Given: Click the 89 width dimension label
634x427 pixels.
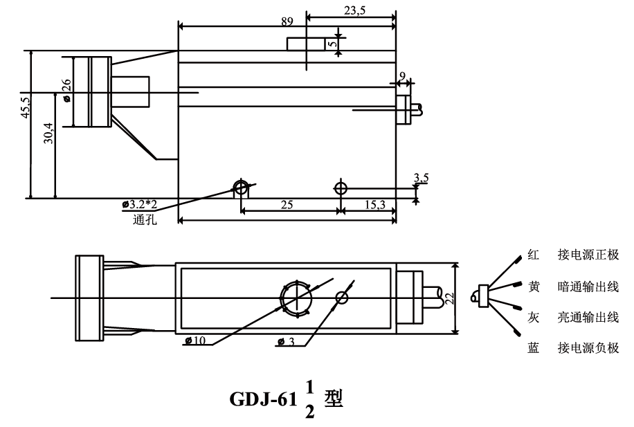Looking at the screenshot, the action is coord(287,21).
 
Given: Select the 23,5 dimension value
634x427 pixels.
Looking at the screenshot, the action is coord(354,10).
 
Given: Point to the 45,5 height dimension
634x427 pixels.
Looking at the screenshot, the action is coord(26,107).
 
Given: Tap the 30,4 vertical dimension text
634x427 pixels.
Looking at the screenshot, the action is coord(48,134).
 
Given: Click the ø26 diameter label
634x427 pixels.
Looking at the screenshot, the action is coord(66,90).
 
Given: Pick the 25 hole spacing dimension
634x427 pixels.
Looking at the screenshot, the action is coord(287,205).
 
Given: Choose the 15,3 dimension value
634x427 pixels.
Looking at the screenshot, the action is coord(375,205).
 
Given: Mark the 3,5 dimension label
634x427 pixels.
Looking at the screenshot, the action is coord(422,177).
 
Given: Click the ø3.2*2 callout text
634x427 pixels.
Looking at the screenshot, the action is coord(140,204).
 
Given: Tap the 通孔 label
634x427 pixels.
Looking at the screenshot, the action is coord(145,219).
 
